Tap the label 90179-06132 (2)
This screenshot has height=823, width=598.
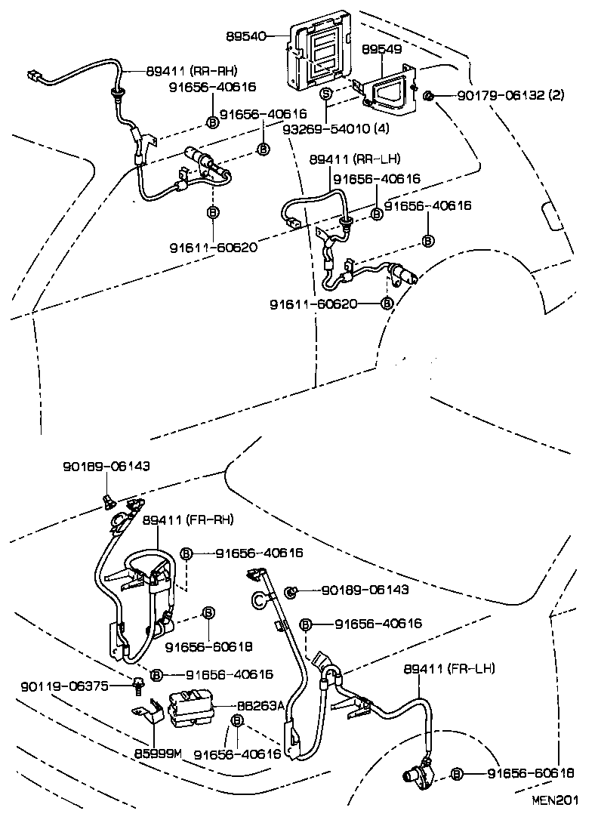point(510,96)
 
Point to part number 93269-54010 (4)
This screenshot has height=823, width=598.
point(336,129)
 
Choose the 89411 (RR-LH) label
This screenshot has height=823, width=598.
point(354,159)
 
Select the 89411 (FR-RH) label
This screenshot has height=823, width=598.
point(188,520)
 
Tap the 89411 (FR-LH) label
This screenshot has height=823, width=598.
point(449,668)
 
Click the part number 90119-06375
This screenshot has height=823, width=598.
point(66,686)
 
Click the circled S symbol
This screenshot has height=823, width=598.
point(326,94)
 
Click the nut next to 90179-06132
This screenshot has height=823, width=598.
point(427,96)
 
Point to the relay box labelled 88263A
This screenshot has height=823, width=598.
point(191,709)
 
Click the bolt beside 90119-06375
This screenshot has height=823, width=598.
point(138,685)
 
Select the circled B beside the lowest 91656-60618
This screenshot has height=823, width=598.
point(457,774)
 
